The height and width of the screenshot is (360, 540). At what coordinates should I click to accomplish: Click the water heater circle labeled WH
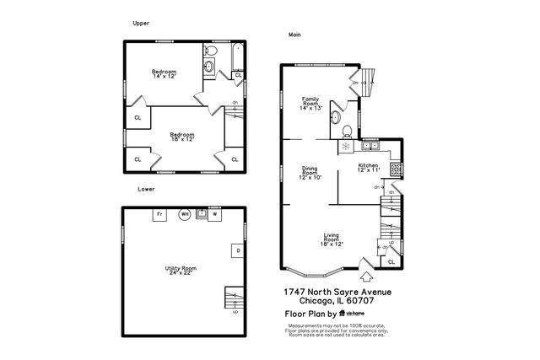(x=184, y=215)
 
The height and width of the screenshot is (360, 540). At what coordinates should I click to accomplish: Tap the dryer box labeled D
(x=238, y=250)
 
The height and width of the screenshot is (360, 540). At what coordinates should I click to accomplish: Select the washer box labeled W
(x=213, y=215)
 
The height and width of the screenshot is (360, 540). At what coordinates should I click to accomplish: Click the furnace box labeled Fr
(x=159, y=215)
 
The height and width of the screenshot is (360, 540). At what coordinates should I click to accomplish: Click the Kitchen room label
(x=369, y=167)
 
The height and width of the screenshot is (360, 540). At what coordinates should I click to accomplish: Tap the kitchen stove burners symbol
(x=396, y=168)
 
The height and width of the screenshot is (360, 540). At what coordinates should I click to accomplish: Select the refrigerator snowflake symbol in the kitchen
(x=344, y=147)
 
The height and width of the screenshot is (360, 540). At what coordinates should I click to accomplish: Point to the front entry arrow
(x=366, y=275)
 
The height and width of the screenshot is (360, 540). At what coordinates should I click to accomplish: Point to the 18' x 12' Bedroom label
(x=181, y=137)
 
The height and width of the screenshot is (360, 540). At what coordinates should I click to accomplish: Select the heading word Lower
(x=147, y=190)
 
